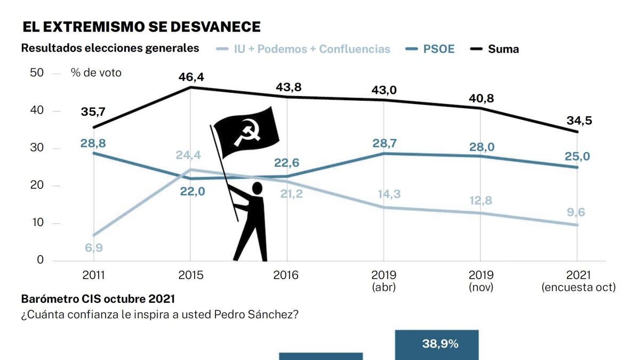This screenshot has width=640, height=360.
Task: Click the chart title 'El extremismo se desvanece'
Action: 141,27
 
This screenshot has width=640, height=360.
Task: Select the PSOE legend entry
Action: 438,49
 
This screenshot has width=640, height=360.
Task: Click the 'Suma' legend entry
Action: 503,49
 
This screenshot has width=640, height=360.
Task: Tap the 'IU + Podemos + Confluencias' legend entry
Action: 312,49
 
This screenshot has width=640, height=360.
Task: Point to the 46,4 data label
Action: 191,77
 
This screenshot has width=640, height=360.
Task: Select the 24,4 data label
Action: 189,156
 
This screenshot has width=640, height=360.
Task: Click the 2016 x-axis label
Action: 287,275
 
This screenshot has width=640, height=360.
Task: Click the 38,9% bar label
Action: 440,344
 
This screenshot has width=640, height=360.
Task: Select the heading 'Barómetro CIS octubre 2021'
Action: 98,299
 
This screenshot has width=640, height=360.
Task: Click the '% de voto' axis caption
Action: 96,73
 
